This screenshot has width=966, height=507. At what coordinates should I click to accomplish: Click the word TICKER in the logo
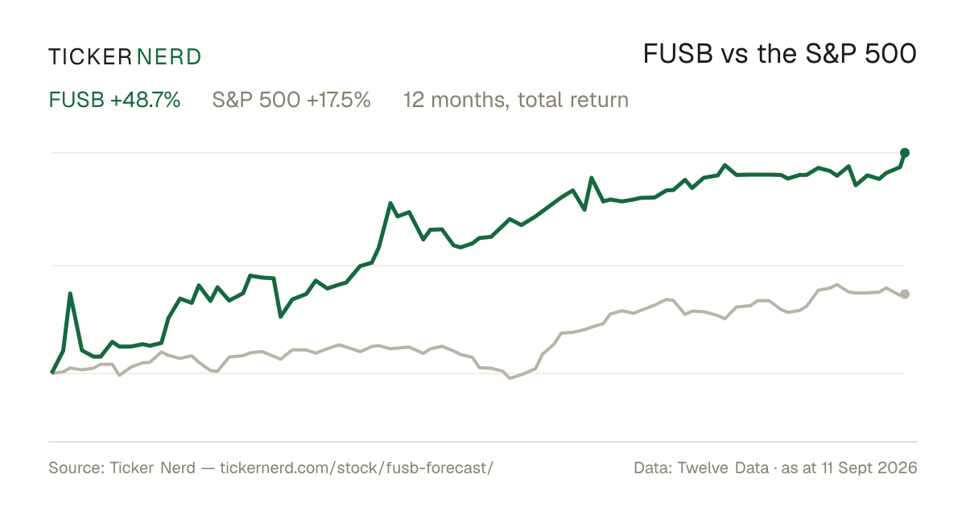90,57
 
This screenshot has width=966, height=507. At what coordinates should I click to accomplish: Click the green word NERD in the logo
168,57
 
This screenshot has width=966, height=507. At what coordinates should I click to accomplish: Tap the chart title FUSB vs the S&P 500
779,54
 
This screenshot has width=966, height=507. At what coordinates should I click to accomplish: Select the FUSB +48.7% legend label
114,100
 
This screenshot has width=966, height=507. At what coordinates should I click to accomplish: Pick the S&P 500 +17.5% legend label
291,100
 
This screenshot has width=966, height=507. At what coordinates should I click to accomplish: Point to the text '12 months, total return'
516,101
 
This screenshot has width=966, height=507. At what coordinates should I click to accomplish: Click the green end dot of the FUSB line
905,153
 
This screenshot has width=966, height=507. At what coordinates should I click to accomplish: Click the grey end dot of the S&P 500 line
905,294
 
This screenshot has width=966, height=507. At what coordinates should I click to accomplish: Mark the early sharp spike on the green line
70,294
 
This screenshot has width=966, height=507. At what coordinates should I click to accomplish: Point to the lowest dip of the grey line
510,378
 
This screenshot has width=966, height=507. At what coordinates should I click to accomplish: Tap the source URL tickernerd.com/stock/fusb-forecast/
357,468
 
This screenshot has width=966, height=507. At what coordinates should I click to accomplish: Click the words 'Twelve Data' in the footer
723,468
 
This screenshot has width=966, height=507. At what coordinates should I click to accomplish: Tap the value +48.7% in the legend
146,100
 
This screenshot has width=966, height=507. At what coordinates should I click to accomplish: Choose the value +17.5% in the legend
339,100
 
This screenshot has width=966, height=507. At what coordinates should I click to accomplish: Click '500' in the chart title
890,54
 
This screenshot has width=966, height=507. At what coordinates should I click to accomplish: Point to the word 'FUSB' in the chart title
678,54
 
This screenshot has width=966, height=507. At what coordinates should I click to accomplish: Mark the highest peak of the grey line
837,285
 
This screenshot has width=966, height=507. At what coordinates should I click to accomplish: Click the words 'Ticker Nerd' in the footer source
152,468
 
